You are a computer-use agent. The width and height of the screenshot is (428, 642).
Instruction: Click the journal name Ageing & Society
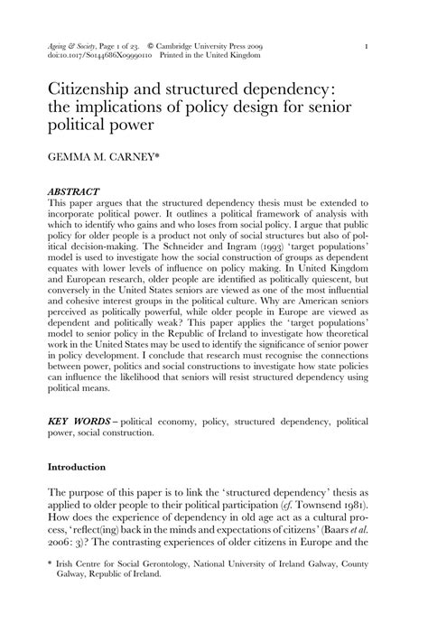click(68, 43)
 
